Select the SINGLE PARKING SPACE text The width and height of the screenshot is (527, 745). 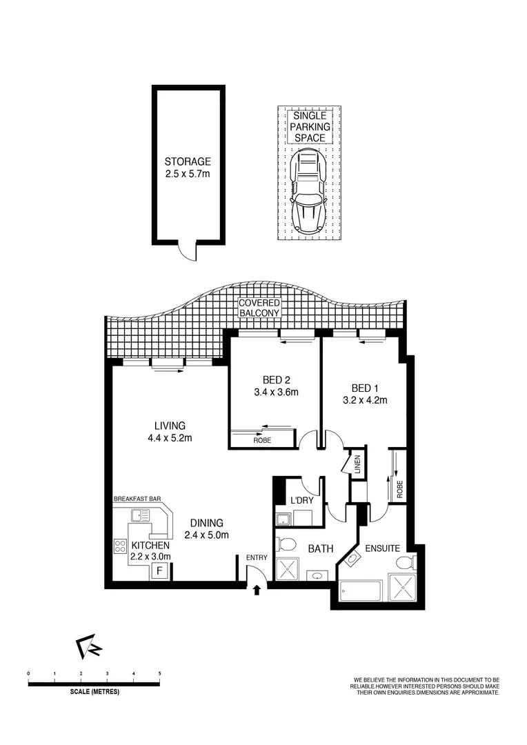309,128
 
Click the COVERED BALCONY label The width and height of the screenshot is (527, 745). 259,308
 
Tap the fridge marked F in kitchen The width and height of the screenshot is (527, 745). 160,570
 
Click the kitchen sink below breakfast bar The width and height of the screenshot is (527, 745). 140,515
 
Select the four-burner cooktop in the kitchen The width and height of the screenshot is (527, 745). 119,545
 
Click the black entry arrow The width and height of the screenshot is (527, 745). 257,590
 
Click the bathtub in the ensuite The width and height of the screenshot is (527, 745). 361,591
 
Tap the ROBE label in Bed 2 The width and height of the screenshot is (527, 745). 261,439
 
